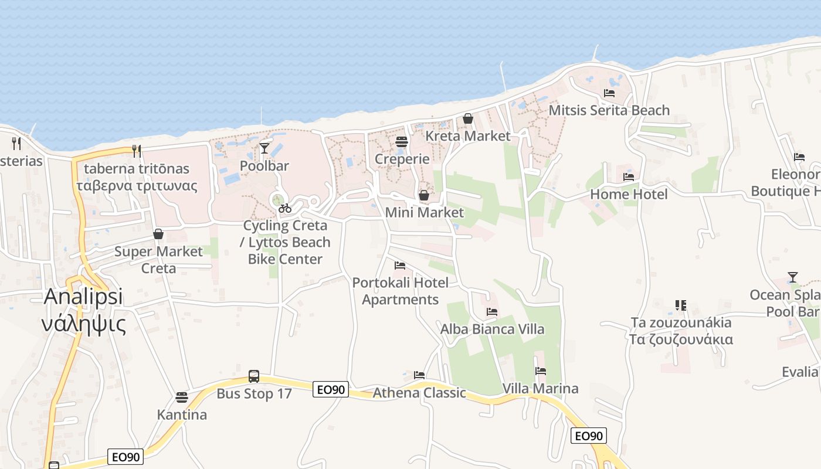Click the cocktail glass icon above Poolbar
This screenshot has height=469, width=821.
264,148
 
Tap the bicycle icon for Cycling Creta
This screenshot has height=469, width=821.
285,208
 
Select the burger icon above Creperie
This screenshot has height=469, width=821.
402,141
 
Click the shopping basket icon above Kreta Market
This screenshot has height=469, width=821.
468,118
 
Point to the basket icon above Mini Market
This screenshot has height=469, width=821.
424,195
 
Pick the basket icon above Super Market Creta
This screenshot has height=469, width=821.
158,234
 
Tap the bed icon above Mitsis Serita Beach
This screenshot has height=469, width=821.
609,93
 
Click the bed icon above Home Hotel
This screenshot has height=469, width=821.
629,176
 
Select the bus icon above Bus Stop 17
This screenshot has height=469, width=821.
254,376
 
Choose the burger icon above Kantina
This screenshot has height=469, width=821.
182,397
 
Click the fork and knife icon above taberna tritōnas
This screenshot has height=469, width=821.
137,151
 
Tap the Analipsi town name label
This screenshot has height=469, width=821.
83,297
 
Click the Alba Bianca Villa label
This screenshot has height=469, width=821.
492,329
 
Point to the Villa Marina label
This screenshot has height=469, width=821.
540,388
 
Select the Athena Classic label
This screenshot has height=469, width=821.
419,392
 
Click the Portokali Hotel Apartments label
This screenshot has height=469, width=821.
401,291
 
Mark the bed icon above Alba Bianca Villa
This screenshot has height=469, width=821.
492,311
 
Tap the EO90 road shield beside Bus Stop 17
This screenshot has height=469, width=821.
331,389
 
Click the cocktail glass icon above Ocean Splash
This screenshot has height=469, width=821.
793,277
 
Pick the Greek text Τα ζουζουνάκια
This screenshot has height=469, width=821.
681,339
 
